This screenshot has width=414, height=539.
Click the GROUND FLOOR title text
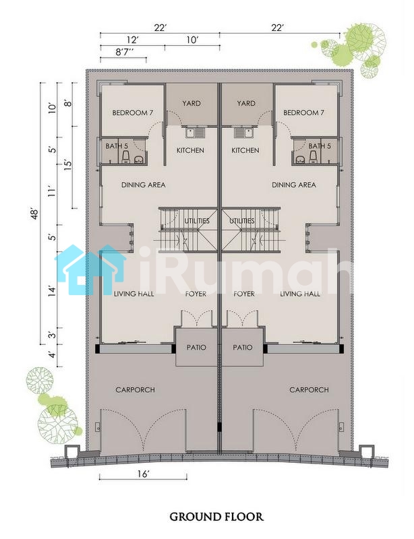tap(216, 517)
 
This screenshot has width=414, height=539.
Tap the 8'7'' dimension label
tap(124, 53)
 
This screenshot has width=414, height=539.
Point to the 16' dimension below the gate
tap(143, 474)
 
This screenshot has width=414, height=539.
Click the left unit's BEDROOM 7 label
tap(133, 113)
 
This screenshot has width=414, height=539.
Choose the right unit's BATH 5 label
tap(320, 146)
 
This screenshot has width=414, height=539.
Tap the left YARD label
tap(191, 103)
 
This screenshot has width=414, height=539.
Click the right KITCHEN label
tap(245, 150)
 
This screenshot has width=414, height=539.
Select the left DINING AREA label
tap(144, 185)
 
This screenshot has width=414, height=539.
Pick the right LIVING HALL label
tap(300, 294)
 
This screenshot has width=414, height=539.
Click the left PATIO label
tap(196, 347)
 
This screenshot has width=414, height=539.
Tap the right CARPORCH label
tap(309, 390)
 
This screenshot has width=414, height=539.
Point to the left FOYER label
tap(196, 294)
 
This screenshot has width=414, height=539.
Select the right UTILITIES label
tap(242, 221)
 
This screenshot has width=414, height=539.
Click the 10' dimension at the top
tap(192, 40)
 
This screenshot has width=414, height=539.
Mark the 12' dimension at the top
tap(133, 40)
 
